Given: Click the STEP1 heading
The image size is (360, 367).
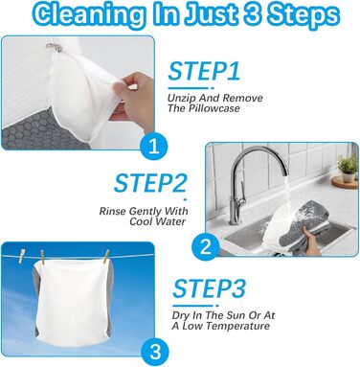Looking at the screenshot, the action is click(x=204, y=71).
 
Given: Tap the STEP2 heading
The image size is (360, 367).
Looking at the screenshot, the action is click(x=150, y=183).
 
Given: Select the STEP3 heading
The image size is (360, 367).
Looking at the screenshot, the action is click(x=210, y=288).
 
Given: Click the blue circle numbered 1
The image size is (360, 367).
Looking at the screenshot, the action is click(x=154, y=147).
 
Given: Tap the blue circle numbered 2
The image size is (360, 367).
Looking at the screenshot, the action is click(x=206, y=247).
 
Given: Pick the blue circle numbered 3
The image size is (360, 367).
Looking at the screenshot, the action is click(x=155, y=353).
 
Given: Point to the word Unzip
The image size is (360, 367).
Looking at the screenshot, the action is click(x=180, y=98).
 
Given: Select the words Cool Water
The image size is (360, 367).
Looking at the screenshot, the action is click(x=157, y=221).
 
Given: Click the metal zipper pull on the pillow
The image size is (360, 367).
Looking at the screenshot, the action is click(x=53, y=47).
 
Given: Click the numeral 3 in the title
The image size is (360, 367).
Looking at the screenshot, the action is click(x=253, y=14).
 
